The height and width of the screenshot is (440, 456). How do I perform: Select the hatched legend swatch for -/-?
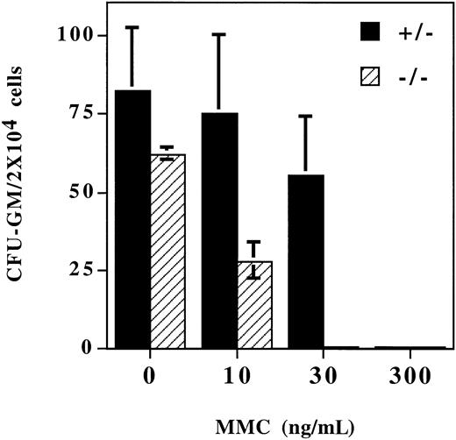(x=375, y=75)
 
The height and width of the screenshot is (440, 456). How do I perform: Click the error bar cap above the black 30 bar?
(x=307, y=116)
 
